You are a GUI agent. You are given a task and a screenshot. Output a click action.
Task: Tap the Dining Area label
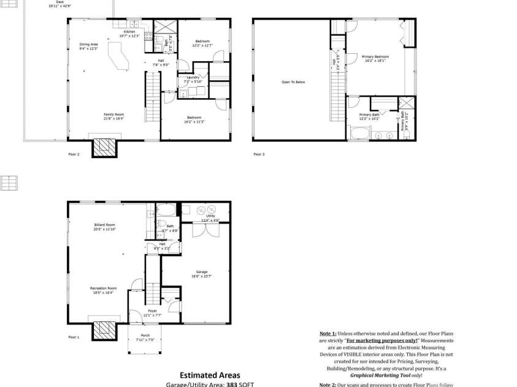coord(89,45)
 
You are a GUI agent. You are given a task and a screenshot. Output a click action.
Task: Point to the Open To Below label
coord(293,81)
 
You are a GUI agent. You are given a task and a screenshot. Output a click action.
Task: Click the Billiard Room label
coord(105,225)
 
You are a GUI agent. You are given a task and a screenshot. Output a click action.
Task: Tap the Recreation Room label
coord(104,288)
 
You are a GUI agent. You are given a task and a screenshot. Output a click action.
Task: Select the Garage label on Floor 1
coord(202,272)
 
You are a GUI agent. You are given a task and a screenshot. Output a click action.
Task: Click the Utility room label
coord(209,216)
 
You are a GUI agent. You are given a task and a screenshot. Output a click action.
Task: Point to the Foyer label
coord(152,310)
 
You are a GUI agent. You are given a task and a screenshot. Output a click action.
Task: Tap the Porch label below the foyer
coord(145,335)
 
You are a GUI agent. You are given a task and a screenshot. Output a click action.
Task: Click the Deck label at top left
coord(59,2)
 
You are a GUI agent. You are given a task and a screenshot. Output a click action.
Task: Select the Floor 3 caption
coord(259,154)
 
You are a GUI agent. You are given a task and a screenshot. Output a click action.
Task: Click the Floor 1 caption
coord(74,337)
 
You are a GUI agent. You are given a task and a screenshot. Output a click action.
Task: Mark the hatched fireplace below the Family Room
coord(104,147)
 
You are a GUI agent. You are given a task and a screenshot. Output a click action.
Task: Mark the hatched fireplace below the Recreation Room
coord(104,330)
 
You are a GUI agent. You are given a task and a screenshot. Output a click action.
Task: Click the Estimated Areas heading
coord(210,375)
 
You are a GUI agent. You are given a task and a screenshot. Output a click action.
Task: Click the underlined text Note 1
coord(328,334)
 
